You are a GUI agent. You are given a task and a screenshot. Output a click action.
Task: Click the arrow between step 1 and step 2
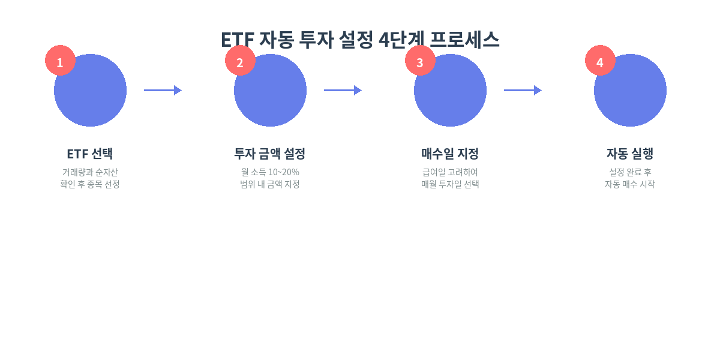pyautogui.click(x=163, y=90)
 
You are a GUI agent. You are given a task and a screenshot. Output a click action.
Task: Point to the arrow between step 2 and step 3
pyautogui.click(x=343, y=90)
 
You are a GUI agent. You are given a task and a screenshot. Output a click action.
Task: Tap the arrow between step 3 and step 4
pyautogui.click(x=523, y=90)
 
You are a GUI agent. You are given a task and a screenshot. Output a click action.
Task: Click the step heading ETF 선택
pyautogui.click(x=90, y=154)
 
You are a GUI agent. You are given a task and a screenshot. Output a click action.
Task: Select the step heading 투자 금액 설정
pyautogui.click(x=270, y=154)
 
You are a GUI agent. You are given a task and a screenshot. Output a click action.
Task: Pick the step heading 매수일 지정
pyautogui.click(x=450, y=154)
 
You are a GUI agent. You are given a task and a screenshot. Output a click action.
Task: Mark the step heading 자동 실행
pyautogui.click(x=630, y=154)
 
